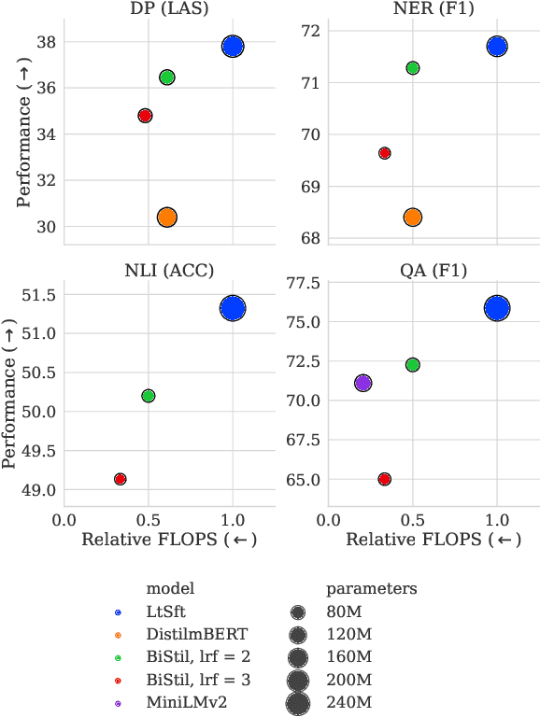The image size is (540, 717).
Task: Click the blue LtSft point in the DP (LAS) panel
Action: point(233,46)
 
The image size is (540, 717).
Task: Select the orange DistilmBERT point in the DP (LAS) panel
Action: point(167,217)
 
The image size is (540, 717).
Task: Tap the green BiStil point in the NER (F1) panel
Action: point(412,68)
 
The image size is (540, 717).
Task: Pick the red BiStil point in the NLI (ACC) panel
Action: point(120,479)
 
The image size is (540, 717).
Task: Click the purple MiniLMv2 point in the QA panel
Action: point(362,383)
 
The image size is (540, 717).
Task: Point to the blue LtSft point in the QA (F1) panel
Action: point(497,309)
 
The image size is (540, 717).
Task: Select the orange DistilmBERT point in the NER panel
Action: point(412,217)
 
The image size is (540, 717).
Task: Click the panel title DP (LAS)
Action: point(169,8)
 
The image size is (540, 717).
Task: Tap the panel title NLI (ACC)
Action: point(169,271)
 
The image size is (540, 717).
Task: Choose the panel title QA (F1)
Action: point(433,271)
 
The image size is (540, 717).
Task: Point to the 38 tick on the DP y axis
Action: point(46,42)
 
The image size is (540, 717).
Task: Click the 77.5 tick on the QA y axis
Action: point(304,283)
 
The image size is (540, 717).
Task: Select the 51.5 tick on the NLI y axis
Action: point(39,295)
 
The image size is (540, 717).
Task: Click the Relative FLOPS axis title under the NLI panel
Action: point(169,539)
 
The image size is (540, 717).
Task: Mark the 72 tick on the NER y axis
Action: point(310,31)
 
